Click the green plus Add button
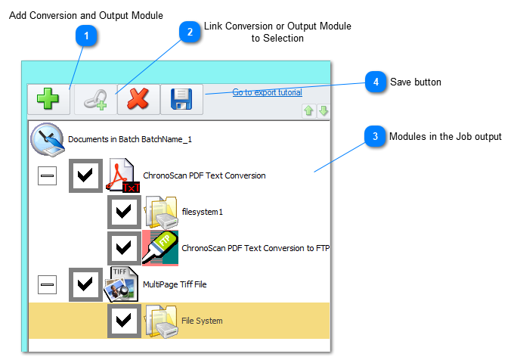coord(48,99)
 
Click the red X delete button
coord(138,99)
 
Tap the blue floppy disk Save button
coord(181,99)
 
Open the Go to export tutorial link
coord(267,93)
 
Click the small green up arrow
coord(308,111)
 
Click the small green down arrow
coord(323,111)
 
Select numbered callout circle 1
coord(88,36)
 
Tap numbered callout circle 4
coord(376,82)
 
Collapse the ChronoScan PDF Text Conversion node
coord(48,175)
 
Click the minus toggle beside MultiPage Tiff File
coord(48,284)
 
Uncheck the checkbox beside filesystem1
coord(124,212)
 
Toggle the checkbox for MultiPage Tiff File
coord(85,284)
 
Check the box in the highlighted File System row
coord(124,321)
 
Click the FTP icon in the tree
coord(160,248)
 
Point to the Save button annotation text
coord(416,82)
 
